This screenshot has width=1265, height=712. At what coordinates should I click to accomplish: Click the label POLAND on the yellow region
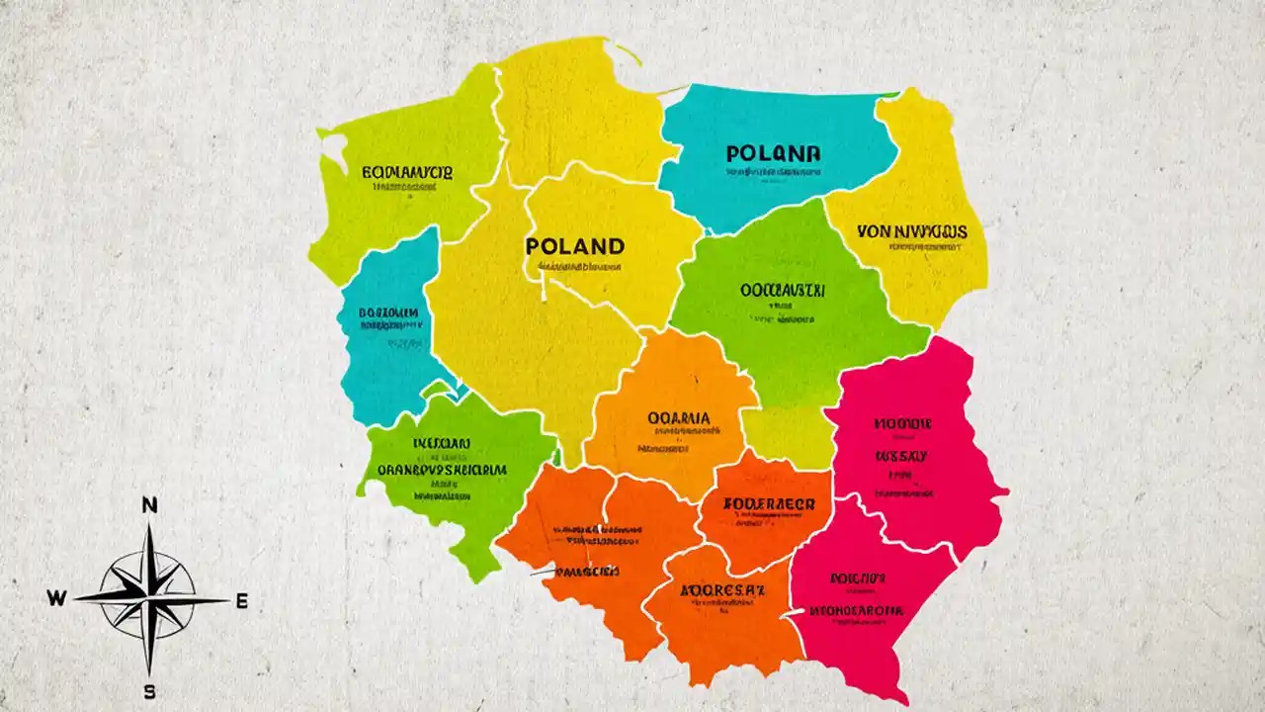click(x=575, y=245)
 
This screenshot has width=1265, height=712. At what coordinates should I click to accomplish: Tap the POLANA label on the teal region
click(x=773, y=153)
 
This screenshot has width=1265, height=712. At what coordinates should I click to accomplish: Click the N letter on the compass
click(x=150, y=505)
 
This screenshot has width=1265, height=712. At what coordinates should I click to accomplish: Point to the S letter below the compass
click(x=149, y=691)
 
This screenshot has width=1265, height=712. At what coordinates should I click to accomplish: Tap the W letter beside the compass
click(x=56, y=598)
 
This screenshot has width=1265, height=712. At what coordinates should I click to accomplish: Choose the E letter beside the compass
click(x=242, y=600)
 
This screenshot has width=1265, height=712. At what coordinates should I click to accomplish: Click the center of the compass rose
click(x=149, y=598)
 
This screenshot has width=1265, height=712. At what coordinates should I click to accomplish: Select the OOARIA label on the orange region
click(x=678, y=417)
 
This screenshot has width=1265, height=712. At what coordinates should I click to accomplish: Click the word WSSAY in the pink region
click(x=900, y=456)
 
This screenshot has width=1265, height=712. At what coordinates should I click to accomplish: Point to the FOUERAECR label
click(x=769, y=503)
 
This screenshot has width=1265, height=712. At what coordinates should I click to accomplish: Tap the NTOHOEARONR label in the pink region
click(x=856, y=610)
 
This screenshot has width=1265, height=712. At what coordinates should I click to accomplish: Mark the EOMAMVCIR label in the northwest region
click(x=407, y=172)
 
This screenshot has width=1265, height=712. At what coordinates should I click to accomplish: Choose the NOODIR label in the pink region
click(x=902, y=423)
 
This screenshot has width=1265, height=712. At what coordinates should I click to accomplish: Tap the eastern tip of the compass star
click(x=227, y=599)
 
